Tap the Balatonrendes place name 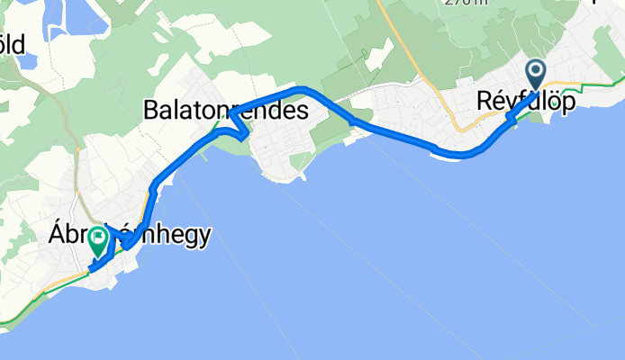[225, 111]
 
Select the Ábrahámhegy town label [130, 236]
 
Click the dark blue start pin [537, 73]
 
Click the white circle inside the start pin [537, 69]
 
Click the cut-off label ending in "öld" [13, 43]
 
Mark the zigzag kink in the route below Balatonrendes [240, 131]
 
